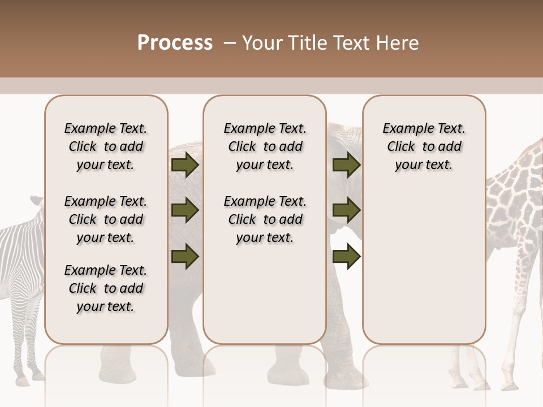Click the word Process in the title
click(x=175, y=43)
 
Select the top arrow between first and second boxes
click(x=185, y=164)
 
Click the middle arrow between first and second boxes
click(x=185, y=210)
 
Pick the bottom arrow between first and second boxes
click(x=185, y=256)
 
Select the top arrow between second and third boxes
click(x=346, y=164)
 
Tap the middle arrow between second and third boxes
click(x=346, y=210)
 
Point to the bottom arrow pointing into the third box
click(x=346, y=256)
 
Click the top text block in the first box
click(x=106, y=146)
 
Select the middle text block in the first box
click(x=106, y=219)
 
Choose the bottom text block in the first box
click(x=106, y=288)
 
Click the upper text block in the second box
click(x=265, y=146)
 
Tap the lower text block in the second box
click(x=265, y=219)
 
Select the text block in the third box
click(x=424, y=146)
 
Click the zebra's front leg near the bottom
click(x=23, y=362)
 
